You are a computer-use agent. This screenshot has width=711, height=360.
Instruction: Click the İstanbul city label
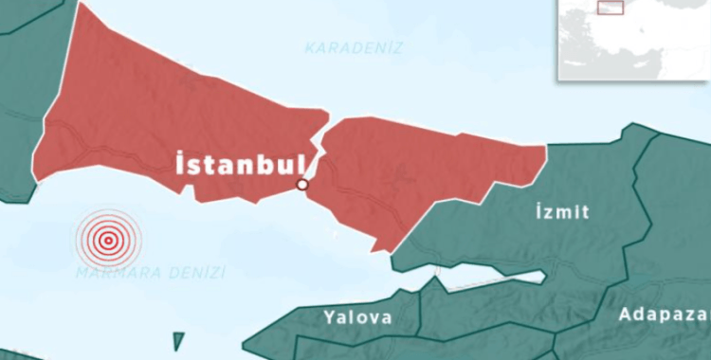(x=239, y=163)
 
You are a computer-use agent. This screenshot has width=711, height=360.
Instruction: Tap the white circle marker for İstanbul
(x=302, y=184)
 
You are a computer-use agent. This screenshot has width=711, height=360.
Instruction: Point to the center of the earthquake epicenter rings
(x=108, y=241)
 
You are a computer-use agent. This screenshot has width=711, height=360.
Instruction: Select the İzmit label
(x=560, y=212)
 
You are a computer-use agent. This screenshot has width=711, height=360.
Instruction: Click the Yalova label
(x=357, y=317)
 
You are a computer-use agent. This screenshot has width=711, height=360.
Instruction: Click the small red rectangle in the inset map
(x=611, y=8)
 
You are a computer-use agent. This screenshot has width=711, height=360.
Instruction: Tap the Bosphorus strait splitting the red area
(x=321, y=142)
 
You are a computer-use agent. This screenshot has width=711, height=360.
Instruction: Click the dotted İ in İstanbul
(x=180, y=163)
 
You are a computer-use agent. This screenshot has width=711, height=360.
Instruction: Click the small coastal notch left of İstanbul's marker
(x=190, y=192)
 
